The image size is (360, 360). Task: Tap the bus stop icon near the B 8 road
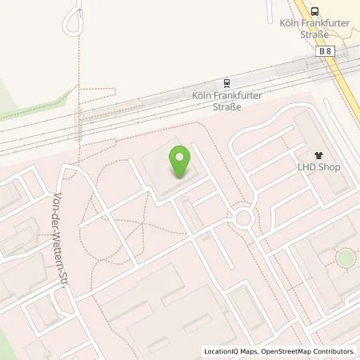(315, 10)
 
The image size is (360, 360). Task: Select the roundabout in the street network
(243, 218)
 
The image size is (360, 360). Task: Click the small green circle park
(345, 258)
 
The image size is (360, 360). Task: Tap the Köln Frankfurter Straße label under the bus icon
(314, 30)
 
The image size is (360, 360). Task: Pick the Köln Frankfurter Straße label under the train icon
(228, 100)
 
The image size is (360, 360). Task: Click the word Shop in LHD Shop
(331, 167)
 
